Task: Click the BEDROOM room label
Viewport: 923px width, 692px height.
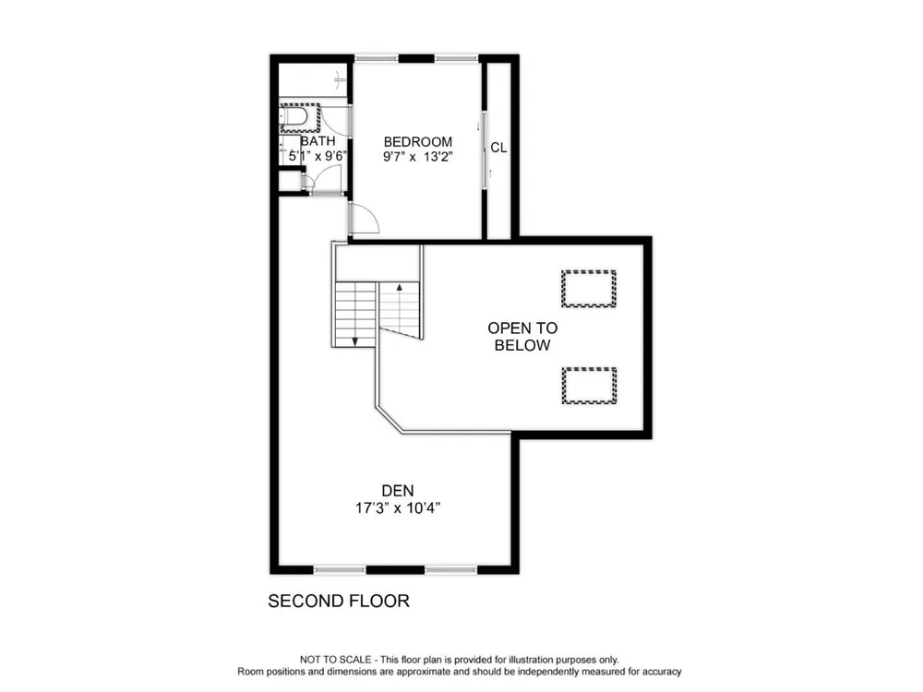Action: (x=418, y=142)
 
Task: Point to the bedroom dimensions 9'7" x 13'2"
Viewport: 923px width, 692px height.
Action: (x=418, y=157)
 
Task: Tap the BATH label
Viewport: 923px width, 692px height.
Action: (x=318, y=141)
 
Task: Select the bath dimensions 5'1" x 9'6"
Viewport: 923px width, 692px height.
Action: (x=318, y=156)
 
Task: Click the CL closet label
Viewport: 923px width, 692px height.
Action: (x=498, y=148)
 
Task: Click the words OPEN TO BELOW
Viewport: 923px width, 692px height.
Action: (x=522, y=337)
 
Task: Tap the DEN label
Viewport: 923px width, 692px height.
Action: (x=398, y=491)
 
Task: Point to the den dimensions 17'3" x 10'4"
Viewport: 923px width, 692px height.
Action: (x=398, y=507)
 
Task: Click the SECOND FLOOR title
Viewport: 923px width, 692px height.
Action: (x=339, y=601)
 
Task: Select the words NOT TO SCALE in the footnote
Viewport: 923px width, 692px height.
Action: (x=336, y=660)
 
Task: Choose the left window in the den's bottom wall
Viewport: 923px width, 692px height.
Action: (x=340, y=569)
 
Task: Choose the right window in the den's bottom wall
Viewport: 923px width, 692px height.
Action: (x=451, y=569)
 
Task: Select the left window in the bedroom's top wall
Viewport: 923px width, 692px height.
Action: (x=377, y=58)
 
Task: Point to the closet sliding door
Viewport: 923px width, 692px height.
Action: (x=485, y=150)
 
